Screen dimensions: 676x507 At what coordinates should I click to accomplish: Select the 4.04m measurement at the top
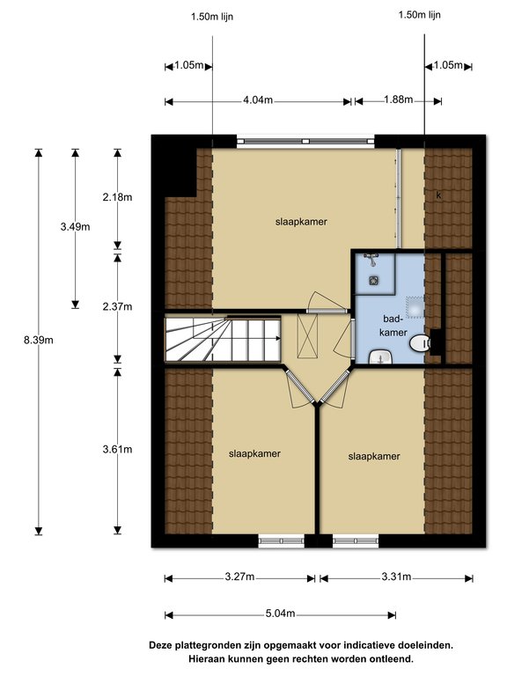(x=259, y=100)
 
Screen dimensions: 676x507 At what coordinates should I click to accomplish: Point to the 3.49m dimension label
(x=75, y=227)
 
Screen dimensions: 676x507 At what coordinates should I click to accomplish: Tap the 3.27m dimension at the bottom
(x=239, y=577)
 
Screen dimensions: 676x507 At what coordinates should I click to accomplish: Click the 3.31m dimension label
(x=396, y=577)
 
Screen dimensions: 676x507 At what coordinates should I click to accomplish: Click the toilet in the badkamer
(x=430, y=344)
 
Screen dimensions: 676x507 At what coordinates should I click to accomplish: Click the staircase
(x=222, y=338)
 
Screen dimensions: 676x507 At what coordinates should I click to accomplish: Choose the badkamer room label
(x=393, y=325)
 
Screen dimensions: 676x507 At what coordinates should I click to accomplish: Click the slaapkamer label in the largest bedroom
(x=301, y=222)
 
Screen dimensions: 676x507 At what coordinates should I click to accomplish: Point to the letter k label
(x=437, y=194)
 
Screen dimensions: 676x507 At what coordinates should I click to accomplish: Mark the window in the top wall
(x=305, y=139)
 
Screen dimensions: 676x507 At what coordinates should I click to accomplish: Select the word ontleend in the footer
(x=386, y=658)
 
